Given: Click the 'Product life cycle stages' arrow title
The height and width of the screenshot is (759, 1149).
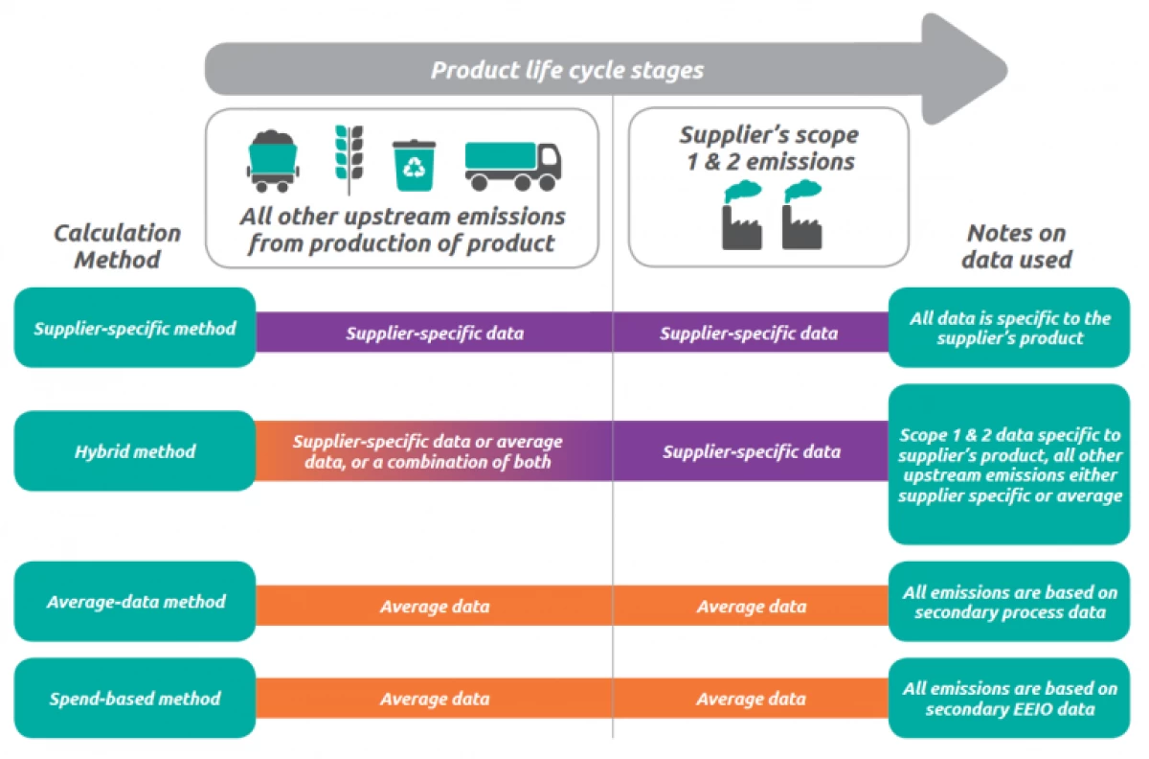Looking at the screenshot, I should tap(567, 70).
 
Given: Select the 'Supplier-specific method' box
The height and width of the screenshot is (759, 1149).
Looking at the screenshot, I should tap(135, 328).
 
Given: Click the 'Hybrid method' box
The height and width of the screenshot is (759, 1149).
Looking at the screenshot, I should tap(135, 450).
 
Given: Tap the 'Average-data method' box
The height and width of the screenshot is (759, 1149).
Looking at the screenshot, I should tap(135, 602).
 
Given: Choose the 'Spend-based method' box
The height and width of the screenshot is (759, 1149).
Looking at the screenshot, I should tap(135, 699).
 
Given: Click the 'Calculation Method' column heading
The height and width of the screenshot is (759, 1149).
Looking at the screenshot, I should tap(117, 246).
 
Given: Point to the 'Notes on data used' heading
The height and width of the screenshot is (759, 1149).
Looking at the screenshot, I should tap(1016, 246).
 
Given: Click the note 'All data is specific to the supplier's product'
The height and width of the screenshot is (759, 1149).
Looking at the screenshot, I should tap(1009, 328).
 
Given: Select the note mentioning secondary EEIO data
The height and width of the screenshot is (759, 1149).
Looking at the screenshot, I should tap(1009, 699).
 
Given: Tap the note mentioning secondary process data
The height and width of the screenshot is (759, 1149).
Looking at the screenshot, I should tap(1009, 602).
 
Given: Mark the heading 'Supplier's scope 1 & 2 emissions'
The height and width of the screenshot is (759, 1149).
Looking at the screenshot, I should tap(769, 148).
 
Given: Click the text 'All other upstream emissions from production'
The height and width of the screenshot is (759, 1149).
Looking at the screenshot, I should tap(402, 230).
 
